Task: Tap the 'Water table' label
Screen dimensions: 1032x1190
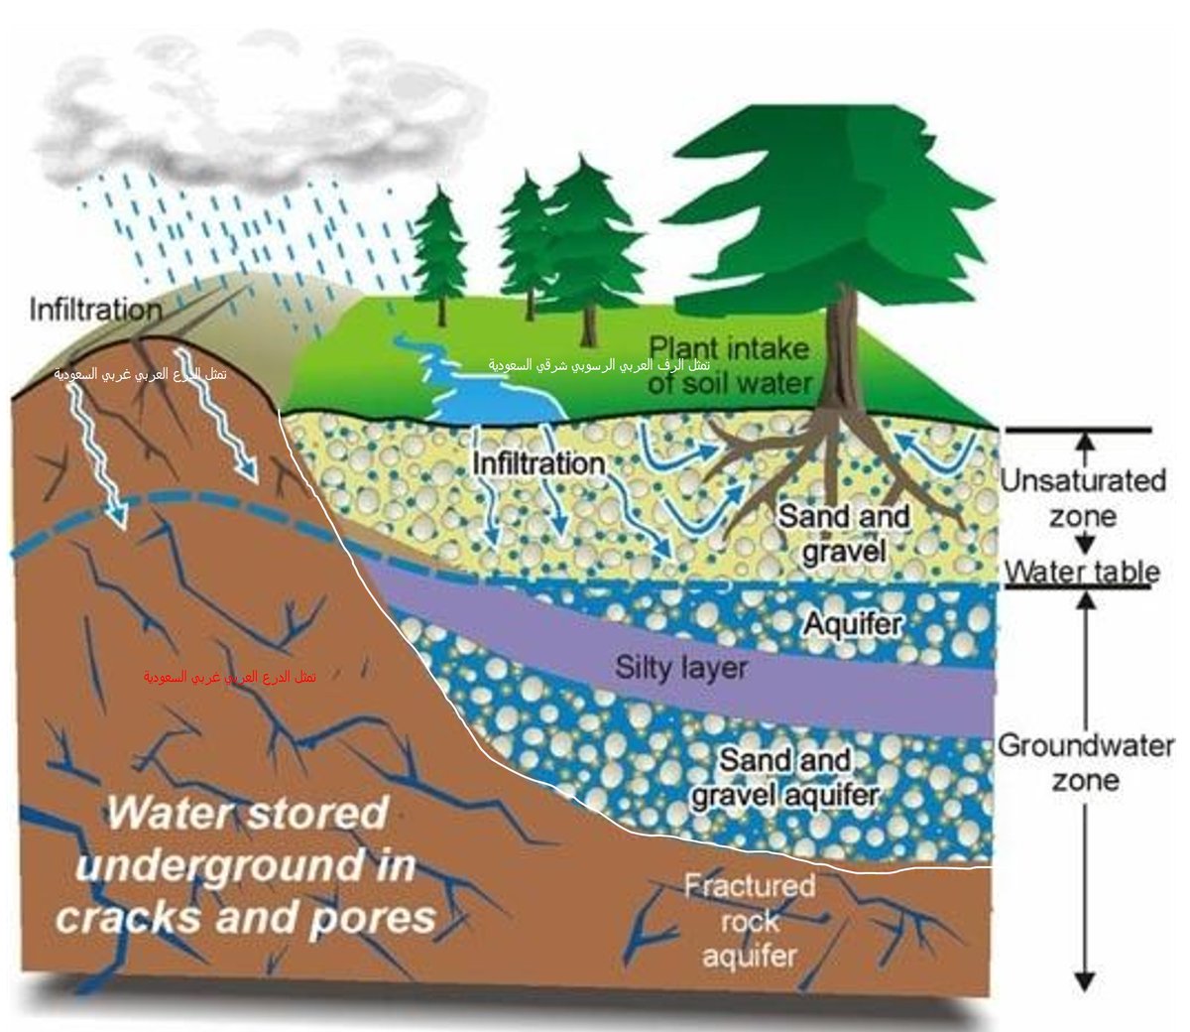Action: click(1082, 573)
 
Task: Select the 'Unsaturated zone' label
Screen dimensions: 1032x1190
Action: click(1082, 498)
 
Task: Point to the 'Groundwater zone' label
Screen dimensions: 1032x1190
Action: click(1085, 762)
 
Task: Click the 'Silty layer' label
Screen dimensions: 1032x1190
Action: click(680, 667)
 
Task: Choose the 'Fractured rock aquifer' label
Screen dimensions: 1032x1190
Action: click(750, 920)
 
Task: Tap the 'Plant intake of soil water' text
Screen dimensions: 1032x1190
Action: click(730, 365)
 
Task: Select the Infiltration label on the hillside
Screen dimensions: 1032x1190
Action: click(95, 310)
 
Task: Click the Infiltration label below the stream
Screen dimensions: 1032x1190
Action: click(538, 463)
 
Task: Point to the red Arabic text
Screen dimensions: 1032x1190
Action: click(230, 677)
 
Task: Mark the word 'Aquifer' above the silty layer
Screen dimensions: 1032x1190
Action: click(853, 624)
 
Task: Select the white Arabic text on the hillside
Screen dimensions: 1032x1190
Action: click(141, 375)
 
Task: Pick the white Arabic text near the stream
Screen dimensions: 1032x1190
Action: click(599, 365)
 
